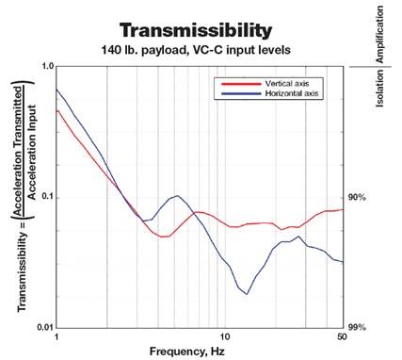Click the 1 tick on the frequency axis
[x=56, y=336]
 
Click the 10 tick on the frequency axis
[x=224, y=336]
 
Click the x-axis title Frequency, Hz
[x=199, y=351]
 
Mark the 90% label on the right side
[x=357, y=197]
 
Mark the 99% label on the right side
[x=357, y=327]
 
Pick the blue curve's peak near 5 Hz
[x=176, y=196]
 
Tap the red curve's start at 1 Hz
[x=57, y=110]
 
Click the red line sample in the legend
[x=232, y=85]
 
